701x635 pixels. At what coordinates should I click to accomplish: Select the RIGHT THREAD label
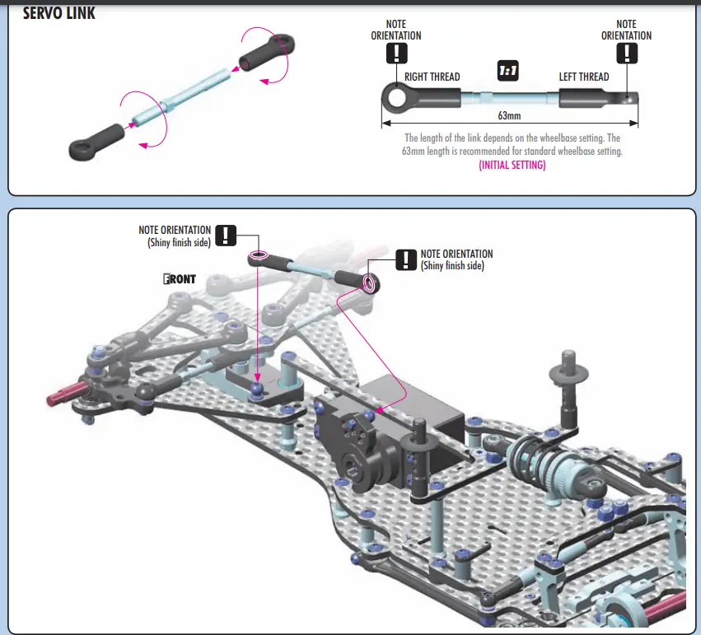[432, 77]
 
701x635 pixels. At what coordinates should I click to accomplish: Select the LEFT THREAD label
[584, 77]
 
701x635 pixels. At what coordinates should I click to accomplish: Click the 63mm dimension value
[509, 116]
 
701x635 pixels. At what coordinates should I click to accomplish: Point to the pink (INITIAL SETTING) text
[512, 165]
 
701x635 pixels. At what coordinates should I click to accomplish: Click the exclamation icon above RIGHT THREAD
[396, 54]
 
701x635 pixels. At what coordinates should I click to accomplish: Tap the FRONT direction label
[180, 279]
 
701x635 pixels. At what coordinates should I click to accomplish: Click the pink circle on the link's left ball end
[259, 256]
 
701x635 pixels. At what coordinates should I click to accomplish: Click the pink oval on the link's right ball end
[369, 283]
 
